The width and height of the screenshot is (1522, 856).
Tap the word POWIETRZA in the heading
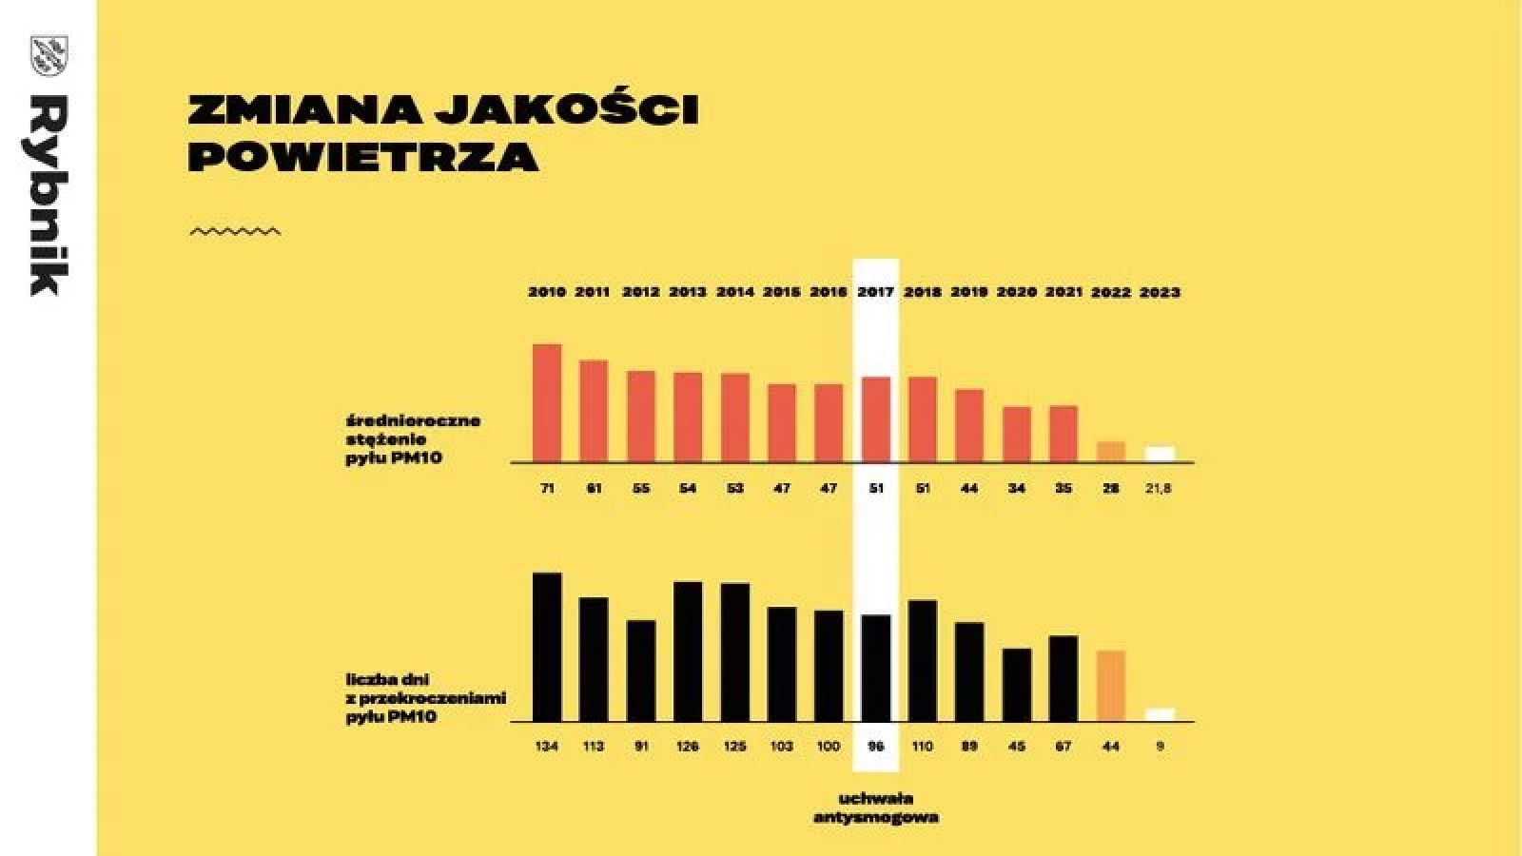point(363,157)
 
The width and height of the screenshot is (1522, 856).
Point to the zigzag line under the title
point(235,231)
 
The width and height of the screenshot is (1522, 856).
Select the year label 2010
point(547,292)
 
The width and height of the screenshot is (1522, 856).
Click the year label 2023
point(1160,292)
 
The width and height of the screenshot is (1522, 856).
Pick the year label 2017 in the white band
point(875,292)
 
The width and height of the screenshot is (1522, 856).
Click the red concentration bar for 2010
point(547,403)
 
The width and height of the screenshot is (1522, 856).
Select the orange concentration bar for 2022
point(1111,452)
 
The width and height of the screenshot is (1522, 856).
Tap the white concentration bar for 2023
point(1160,455)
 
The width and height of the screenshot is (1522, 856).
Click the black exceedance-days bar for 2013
point(688,652)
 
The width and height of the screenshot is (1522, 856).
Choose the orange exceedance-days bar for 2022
point(1111,686)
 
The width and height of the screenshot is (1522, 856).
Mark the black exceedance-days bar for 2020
point(1017,685)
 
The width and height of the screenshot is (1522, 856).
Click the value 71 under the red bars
point(547,488)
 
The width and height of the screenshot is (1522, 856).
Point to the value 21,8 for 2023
point(1159,488)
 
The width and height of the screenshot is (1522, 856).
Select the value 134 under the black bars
point(547,747)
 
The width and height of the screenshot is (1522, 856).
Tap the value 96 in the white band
point(875,747)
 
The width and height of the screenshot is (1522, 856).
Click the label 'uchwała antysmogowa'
point(875,807)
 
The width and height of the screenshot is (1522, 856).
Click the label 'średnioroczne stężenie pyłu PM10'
point(413,438)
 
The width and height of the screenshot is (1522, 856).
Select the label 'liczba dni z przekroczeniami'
point(425,697)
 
